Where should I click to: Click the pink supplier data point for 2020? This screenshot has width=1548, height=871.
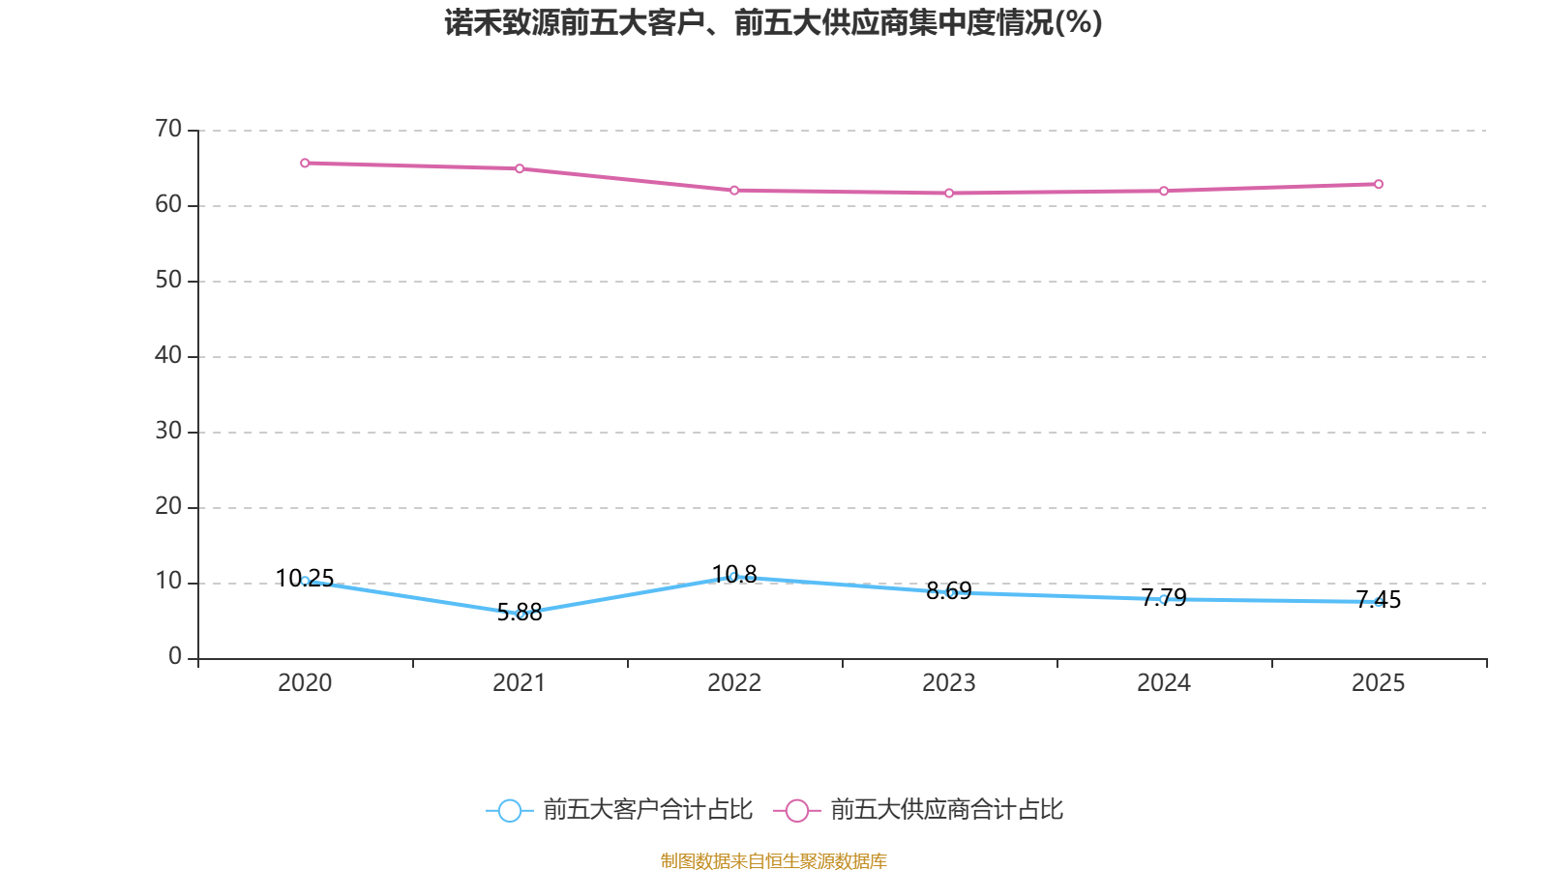click(x=305, y=163)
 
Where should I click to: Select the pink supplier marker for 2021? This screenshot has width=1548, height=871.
click(x=520, y=168)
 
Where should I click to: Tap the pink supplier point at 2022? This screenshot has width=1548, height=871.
click(x=734, y=190)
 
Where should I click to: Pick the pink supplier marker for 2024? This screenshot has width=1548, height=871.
click(x=1164, y=191)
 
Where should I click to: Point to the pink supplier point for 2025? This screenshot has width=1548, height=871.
click(x=1379, y=184)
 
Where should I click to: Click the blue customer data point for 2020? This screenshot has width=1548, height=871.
click(x=305, y=581)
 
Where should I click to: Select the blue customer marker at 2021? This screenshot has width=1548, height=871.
click(x=521, y=614)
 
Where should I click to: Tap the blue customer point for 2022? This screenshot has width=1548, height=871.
click(x=733, y=577)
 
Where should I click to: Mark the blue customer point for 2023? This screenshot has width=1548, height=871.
click(x=950, y=592)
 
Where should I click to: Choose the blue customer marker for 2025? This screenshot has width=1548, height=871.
click(x=1379, y=602)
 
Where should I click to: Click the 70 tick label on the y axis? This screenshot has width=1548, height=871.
click(x=168, y=129)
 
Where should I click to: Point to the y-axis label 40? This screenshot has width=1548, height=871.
click(x=168, y=355)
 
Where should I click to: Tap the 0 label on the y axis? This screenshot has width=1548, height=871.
click(x=175, y=657)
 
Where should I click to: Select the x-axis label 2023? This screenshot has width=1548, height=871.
click(x=948, y=683)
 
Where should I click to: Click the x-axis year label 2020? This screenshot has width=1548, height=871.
click(x=305, y=683)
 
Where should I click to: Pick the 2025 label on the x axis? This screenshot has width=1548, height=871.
click(x=1378, y=683)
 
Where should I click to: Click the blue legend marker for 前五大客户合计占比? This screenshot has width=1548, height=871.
click(x=509, y=811)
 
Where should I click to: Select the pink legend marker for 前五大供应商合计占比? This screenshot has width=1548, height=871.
click(x=796, y=811)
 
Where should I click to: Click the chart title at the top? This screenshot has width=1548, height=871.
click(x=773, y=23)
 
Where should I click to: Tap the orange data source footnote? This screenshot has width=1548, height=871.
click(x=773, y=860)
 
